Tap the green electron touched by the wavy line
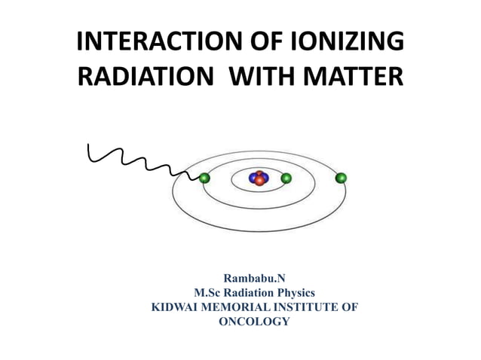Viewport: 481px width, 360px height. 204,178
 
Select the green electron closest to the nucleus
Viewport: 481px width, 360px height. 286,178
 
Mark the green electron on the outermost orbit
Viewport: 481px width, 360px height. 342,178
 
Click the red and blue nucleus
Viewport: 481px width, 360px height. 259,178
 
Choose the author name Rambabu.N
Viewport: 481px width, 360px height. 254,279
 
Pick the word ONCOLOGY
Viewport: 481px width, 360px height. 254,321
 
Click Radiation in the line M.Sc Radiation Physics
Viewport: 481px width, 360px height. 246,293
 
